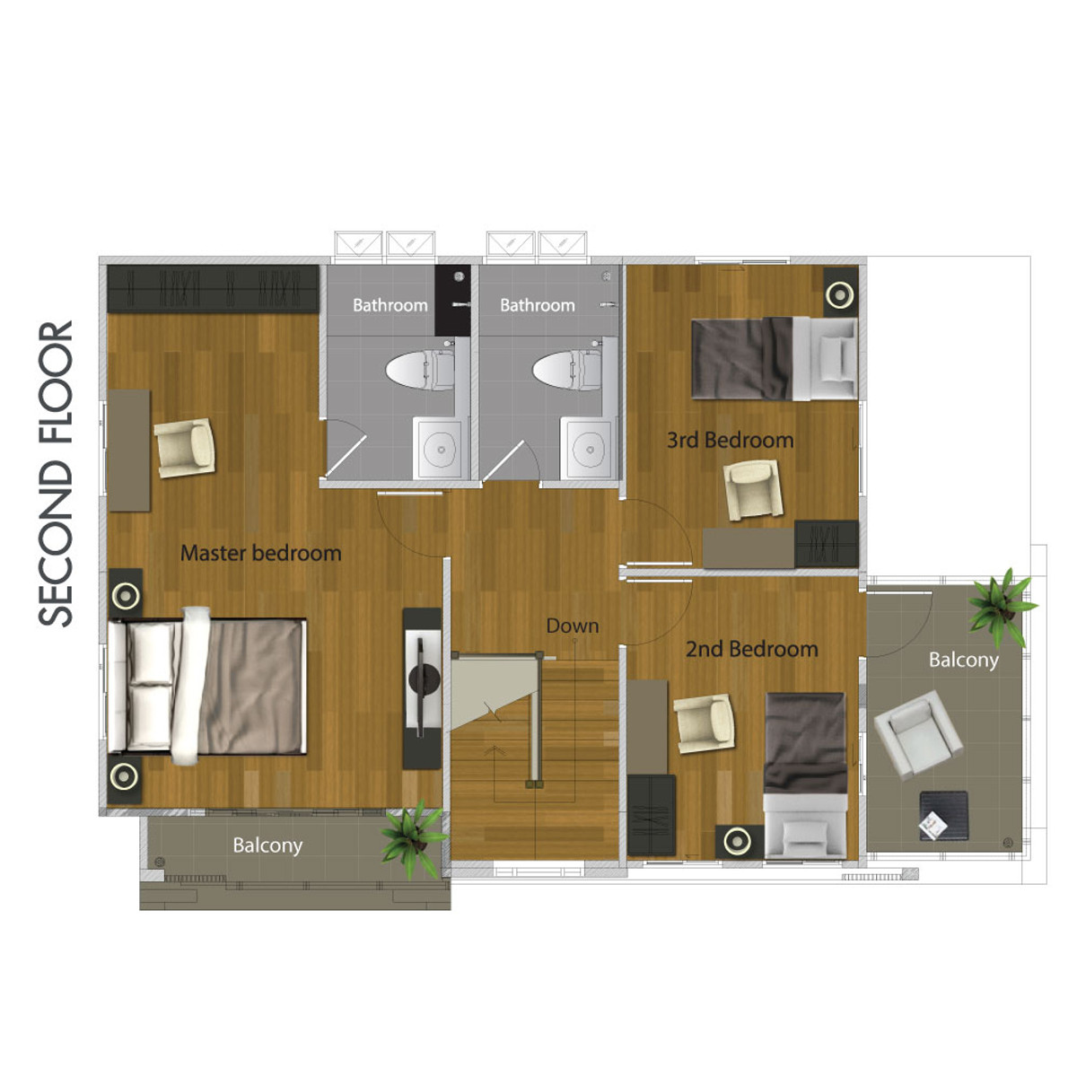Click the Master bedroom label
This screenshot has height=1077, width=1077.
(260, 554)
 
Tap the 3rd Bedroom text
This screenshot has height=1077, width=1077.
(730, 440)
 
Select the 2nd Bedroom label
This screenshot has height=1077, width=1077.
(752, 649)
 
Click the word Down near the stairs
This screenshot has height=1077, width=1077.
(573, 626)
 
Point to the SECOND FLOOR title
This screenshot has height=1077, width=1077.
(56, 473)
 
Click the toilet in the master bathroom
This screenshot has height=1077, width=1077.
(420, 370)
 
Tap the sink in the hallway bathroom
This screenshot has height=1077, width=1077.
(590, 449)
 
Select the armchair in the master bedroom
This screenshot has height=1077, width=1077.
(185, 448)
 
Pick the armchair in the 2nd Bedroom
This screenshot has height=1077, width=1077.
(705, 723)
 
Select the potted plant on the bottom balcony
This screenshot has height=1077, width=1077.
(414, 837)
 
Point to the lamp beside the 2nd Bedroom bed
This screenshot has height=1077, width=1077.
(739, 841)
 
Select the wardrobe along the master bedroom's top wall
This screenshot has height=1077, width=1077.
(213, 289)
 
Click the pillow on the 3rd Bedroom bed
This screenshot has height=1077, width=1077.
(836, 358)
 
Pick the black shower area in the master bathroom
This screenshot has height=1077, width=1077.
(452, 300)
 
